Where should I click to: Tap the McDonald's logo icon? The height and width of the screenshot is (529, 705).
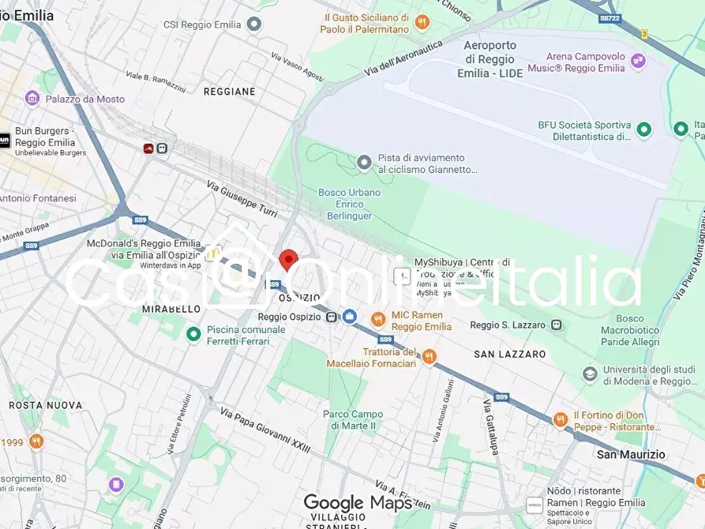212,254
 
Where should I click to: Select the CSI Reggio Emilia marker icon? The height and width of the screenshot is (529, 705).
253,24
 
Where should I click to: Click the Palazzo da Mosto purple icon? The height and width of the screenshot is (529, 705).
32,99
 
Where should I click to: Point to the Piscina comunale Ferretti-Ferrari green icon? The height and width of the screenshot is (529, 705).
193,335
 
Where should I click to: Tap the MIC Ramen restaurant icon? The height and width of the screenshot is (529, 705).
378,319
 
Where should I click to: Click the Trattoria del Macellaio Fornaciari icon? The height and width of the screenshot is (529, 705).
429,357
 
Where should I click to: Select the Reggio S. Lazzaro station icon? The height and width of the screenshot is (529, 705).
557,325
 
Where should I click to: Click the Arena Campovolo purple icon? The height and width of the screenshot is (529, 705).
637,61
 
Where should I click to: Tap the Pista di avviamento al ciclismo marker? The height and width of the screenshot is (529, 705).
364,163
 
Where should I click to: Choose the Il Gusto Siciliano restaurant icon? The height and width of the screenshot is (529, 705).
422,23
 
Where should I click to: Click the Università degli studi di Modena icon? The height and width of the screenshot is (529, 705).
590,373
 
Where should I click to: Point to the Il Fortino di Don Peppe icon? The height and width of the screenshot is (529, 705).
560,420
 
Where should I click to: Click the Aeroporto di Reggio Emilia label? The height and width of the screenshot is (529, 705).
489,59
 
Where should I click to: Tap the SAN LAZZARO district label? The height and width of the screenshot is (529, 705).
509,355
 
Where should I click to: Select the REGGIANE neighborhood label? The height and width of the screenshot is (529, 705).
229,92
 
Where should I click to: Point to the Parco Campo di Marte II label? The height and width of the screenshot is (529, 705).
353,420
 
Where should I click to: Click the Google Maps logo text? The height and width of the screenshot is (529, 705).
357,503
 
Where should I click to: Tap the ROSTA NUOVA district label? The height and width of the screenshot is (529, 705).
45,405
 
